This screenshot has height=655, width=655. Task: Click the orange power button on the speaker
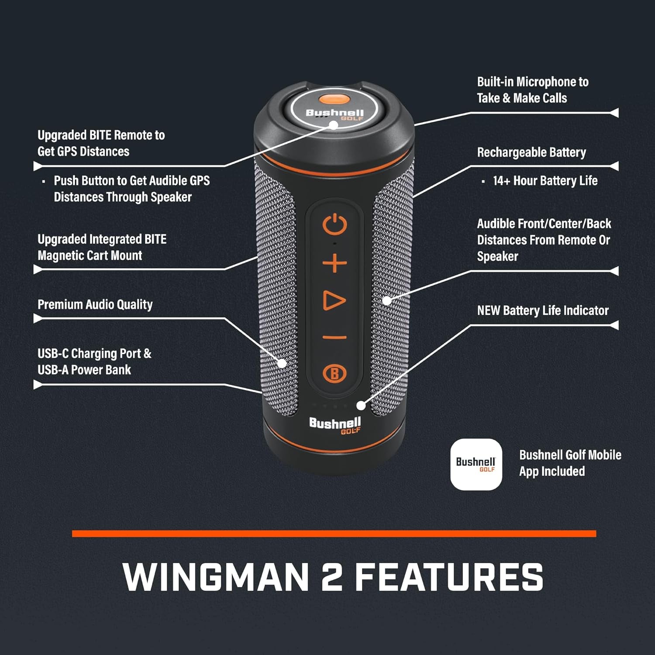[x=334, y=225]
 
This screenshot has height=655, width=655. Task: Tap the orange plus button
[x=334, y=264]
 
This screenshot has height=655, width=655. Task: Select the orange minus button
[x=334, y=337]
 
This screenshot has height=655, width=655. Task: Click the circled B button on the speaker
[x=334, y=374]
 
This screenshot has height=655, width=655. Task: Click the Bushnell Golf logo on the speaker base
[x=335, y=425]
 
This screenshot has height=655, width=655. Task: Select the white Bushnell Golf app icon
[x=476, y=464]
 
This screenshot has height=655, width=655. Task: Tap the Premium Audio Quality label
[x=95, y=304]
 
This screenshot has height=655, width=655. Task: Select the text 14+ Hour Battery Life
[x=545, y=181]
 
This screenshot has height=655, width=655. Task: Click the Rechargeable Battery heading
[x=531, y=152]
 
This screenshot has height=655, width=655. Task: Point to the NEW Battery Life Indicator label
[x=543, y=310]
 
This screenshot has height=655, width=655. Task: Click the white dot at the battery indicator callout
[x=361, y=406]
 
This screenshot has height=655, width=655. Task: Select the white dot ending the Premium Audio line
[x=282, y=363]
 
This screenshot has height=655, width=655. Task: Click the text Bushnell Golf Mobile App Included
[x=570, y=463]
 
